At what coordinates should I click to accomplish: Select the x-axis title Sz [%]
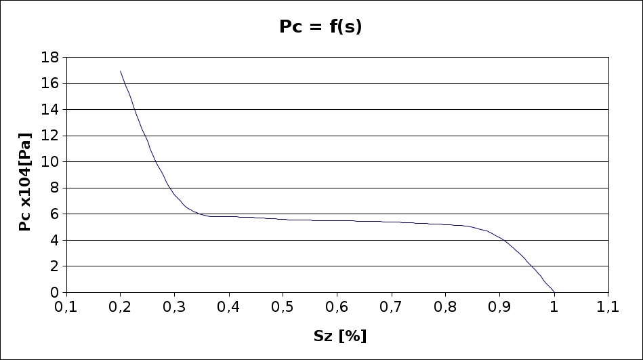click(340, 336)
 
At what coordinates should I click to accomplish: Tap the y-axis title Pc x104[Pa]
click(25, 182)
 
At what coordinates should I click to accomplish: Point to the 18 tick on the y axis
click(50, 58)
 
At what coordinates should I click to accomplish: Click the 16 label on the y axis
click(50, 83)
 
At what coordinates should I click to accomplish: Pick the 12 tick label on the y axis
click(50, 136)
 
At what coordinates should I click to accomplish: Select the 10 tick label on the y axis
click(50, 162)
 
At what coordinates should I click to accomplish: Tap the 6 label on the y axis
click(54, 214)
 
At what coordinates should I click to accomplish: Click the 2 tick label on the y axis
click(54, 266)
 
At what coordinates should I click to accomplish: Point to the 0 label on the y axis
click(54, 292)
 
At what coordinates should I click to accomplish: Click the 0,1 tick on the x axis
click(66, 307)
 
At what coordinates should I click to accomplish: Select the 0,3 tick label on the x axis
click(174, 307)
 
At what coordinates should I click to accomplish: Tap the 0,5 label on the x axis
click(283, 307)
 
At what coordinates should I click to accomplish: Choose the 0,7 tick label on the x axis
click(391, 307)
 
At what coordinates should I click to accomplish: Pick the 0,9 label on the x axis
click(499, 307)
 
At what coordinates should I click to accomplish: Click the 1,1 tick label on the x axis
click(608, 307)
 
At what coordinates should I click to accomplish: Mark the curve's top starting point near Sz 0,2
click(121, 71)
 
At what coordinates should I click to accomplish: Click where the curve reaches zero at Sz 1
click(554, 292)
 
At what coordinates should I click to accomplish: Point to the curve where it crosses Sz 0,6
click(337, 220)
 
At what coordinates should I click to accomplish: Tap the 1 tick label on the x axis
click(554, 307)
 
